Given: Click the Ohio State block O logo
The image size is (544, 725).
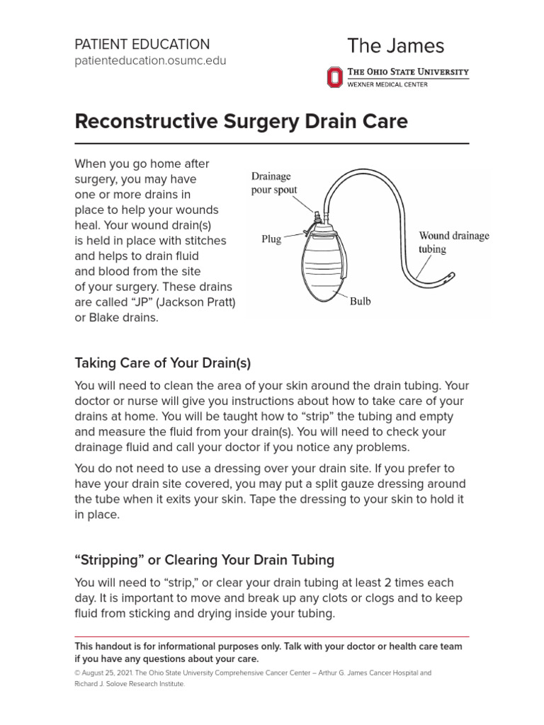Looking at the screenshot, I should [334, 76].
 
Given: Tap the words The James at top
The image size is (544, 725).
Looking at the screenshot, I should [395, 46].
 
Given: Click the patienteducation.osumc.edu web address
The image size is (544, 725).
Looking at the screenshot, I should [150, 61].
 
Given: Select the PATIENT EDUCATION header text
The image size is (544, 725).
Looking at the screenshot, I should [142, 44].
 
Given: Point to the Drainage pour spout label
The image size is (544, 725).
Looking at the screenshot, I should [275, 183].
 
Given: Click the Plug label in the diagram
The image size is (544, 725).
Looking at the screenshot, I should [271, 239].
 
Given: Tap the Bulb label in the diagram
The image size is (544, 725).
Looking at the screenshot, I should [360, 301].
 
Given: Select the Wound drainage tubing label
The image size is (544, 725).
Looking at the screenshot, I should [453, 242].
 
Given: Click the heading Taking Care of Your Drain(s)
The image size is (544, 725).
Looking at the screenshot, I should [163, 363].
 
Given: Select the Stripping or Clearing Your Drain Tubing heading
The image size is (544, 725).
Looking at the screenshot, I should [204, 560].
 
